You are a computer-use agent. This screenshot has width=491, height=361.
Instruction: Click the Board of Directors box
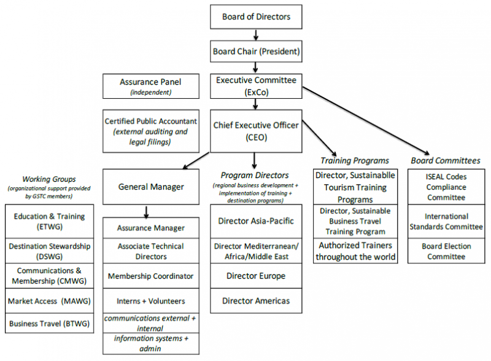(256, 17)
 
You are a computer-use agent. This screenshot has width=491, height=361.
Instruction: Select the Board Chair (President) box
(256, 51)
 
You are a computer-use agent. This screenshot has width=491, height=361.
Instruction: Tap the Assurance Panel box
(151, 86)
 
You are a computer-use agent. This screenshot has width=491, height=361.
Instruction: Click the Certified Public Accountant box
(151, 131)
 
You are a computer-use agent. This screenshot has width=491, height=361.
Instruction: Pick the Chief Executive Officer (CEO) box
(256, 131)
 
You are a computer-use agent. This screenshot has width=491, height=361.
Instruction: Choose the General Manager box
(151, 187)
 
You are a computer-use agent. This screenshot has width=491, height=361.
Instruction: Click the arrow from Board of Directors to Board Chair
(256, 35)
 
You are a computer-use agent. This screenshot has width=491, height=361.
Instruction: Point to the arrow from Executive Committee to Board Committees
(366, 121)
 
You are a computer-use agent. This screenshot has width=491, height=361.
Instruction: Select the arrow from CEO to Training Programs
(319, 138)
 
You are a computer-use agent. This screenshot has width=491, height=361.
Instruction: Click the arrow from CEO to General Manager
(196, 161)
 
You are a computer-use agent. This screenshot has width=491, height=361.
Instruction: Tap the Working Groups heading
(49, 179)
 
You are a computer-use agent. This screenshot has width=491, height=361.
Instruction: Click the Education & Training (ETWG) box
(50, 221)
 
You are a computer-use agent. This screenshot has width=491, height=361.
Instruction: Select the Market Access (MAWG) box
(50, 301)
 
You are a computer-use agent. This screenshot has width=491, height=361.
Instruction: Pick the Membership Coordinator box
(151, 276)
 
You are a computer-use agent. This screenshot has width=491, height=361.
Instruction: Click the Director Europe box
(256, 276)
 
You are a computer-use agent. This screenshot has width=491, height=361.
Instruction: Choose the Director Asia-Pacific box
(256, 221)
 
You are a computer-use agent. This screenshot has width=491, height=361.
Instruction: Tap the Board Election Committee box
(446, 251)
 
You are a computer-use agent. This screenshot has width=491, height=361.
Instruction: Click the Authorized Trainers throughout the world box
(355, 251)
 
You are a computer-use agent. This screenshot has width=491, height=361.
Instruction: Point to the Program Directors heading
(255, 175)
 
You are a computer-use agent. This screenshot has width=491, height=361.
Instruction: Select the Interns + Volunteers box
(151, 301)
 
